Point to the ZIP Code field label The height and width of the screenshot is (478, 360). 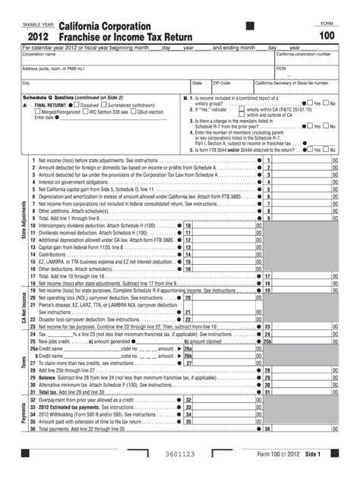click(x=221, y=83)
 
